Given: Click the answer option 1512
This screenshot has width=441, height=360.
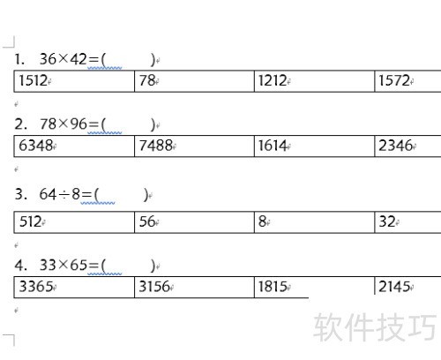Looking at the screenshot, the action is click(x=33, y=80).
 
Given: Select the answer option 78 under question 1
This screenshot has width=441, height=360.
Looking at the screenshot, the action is click(x=147, y=80).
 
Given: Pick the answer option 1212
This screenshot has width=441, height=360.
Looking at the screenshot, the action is click(x=273, y=80).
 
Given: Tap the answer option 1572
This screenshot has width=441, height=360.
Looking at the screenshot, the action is click(x=394, y=80).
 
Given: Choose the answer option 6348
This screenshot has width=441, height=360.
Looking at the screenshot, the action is click(x=36, y=146).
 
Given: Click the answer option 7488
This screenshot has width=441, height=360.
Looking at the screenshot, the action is click(x=156, y=146).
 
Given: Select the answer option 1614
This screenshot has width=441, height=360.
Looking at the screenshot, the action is click(x=273, y=146).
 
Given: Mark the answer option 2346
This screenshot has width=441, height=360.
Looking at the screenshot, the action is click(x=395, y=146).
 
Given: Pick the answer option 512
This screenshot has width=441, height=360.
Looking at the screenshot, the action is click(x=30, y=221).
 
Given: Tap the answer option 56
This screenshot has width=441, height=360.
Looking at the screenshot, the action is click(x=147, y=221).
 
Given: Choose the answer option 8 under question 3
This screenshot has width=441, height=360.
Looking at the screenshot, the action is click(x=262, y=221).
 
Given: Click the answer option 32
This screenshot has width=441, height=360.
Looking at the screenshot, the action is click(x=387, y=221).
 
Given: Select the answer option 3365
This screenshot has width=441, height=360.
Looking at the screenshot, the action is click(x=36, y=287).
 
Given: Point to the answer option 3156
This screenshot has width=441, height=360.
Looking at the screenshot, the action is click(x=154, y=287).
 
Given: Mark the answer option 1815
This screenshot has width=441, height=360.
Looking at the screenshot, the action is click(x=273, y=287).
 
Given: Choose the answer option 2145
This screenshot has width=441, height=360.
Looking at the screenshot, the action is click(x=394, y=287).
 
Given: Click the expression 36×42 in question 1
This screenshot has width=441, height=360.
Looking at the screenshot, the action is click(x=64, y=59).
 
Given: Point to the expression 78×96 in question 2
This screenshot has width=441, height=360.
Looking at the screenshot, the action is click(x=64, y=124).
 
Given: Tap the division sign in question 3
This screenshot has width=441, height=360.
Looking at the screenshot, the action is click(x=64, y=194).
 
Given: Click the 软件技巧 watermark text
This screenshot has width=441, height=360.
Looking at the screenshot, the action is click(x=375, y=327).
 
